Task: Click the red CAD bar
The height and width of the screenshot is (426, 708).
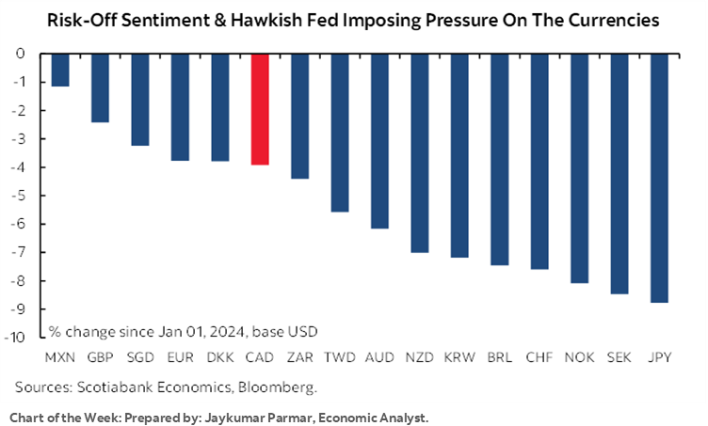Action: [x=260, y=109]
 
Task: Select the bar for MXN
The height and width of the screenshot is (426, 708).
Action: [x=60, y=71]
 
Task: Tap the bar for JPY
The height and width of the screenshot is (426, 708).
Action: [x=659, y=179]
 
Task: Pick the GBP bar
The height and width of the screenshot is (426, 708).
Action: [x=100, y=88]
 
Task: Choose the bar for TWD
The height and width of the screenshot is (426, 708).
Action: [x=340, y=133]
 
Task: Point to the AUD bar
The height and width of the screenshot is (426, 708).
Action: [x=379, y=142]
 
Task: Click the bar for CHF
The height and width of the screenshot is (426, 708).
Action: [x=539, y=162]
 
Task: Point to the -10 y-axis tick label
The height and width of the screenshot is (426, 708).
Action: [x=15, y=338]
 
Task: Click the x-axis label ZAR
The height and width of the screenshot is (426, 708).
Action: [x=299, y=357]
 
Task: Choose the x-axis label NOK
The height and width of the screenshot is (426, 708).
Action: [x=579, y=357]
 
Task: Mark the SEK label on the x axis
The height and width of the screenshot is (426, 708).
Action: [x=619, y=357]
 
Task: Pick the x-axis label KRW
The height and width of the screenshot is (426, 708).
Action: [x=459, y=357]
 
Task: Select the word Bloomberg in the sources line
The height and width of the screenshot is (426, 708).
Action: [x=278, y=387]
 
